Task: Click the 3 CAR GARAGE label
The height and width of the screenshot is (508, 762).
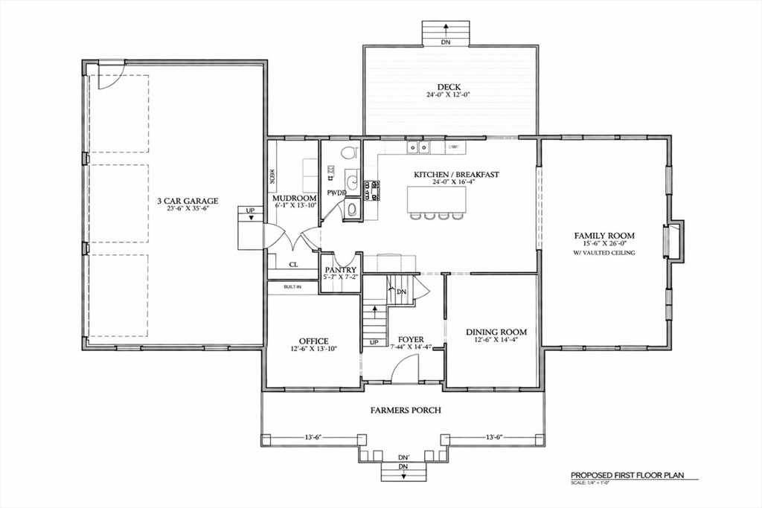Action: [x=187, y=201]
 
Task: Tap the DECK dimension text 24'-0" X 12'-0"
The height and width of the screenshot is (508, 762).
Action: [x=449, y=95]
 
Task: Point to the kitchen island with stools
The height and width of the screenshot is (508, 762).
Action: [x=437, y=200]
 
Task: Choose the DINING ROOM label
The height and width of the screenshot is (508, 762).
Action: [x=496, y=332]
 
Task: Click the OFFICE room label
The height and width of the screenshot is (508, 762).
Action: [x=313, y=341]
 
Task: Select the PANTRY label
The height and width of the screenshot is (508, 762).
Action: [x=340, y=270]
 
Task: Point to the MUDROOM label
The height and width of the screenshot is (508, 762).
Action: [x=295, y=197]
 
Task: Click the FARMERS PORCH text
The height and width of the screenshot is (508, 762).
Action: [x=406, y=411]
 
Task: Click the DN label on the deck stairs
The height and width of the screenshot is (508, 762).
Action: [x=445, y=43]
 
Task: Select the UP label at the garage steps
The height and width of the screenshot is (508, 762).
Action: [x=250, y=211]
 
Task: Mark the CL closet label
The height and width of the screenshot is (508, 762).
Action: [x=293, y=263]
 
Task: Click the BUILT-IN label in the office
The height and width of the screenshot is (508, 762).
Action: [x=292, y=287]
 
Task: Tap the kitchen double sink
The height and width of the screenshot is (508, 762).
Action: [x=417, y=148]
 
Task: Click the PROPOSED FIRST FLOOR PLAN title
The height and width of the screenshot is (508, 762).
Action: [x=627, y=475]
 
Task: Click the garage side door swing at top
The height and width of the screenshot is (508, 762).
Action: [x=107, y=77]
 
